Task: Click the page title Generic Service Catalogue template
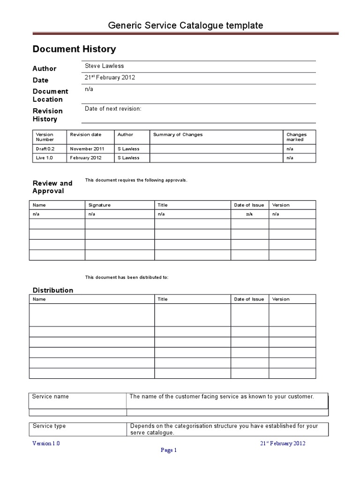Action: click(x=186, y=25)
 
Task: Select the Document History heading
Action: click(x=74, y=49)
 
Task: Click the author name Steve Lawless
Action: click(x=104, y=66)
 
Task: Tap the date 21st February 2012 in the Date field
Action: click(x=110, y=78)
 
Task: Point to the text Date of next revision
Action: click(x=112, y=109)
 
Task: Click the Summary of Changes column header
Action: click(x=178, y=135)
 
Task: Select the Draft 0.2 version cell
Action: click(x=45, y=149)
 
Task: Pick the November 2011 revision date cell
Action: click(x=85, y=149)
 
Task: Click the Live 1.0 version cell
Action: click(x=44, y=158)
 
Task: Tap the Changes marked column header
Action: click(x=296, y=137)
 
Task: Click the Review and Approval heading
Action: click(x=52, y=187)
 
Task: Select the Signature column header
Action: click(x=99, y=205)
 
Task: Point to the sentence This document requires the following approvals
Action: click(x=136, y=180)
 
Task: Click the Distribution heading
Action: click(x=52, y=290)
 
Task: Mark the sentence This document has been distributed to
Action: click(x=126, y=277)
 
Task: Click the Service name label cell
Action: click(x=50, y=397)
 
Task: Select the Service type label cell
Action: click(x=49, y=426)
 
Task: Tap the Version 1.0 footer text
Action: click(x=46, y=443)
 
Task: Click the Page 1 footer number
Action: click(x=169, y=451)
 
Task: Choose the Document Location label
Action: click(x=50, y=95)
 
